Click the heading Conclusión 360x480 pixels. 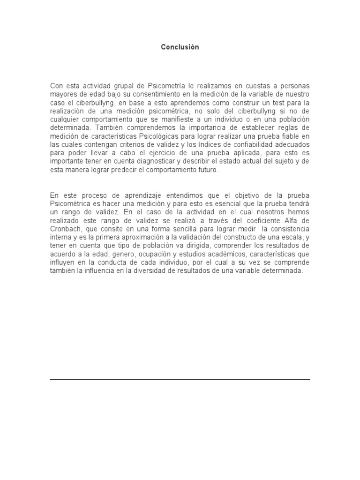[180, 47]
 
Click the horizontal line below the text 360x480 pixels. [180, 379]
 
